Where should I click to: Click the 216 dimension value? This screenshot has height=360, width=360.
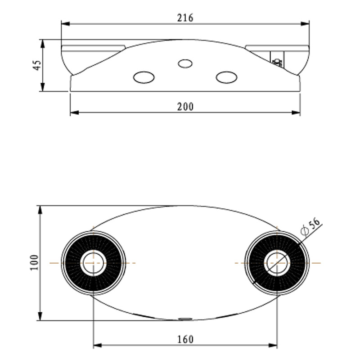(185, 18)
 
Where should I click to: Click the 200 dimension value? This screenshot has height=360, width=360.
(185, 107)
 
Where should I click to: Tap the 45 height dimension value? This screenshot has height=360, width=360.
(37, 65)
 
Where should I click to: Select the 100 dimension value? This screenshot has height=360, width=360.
(34, 263)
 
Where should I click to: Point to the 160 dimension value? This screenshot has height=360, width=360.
(185, 340)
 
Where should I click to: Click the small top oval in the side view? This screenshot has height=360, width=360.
(185, 63)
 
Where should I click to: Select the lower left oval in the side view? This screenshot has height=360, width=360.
(144, 77)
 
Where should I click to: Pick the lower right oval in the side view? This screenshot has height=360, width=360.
(226, 77)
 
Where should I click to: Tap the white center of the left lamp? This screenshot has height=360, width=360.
(94, 263)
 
